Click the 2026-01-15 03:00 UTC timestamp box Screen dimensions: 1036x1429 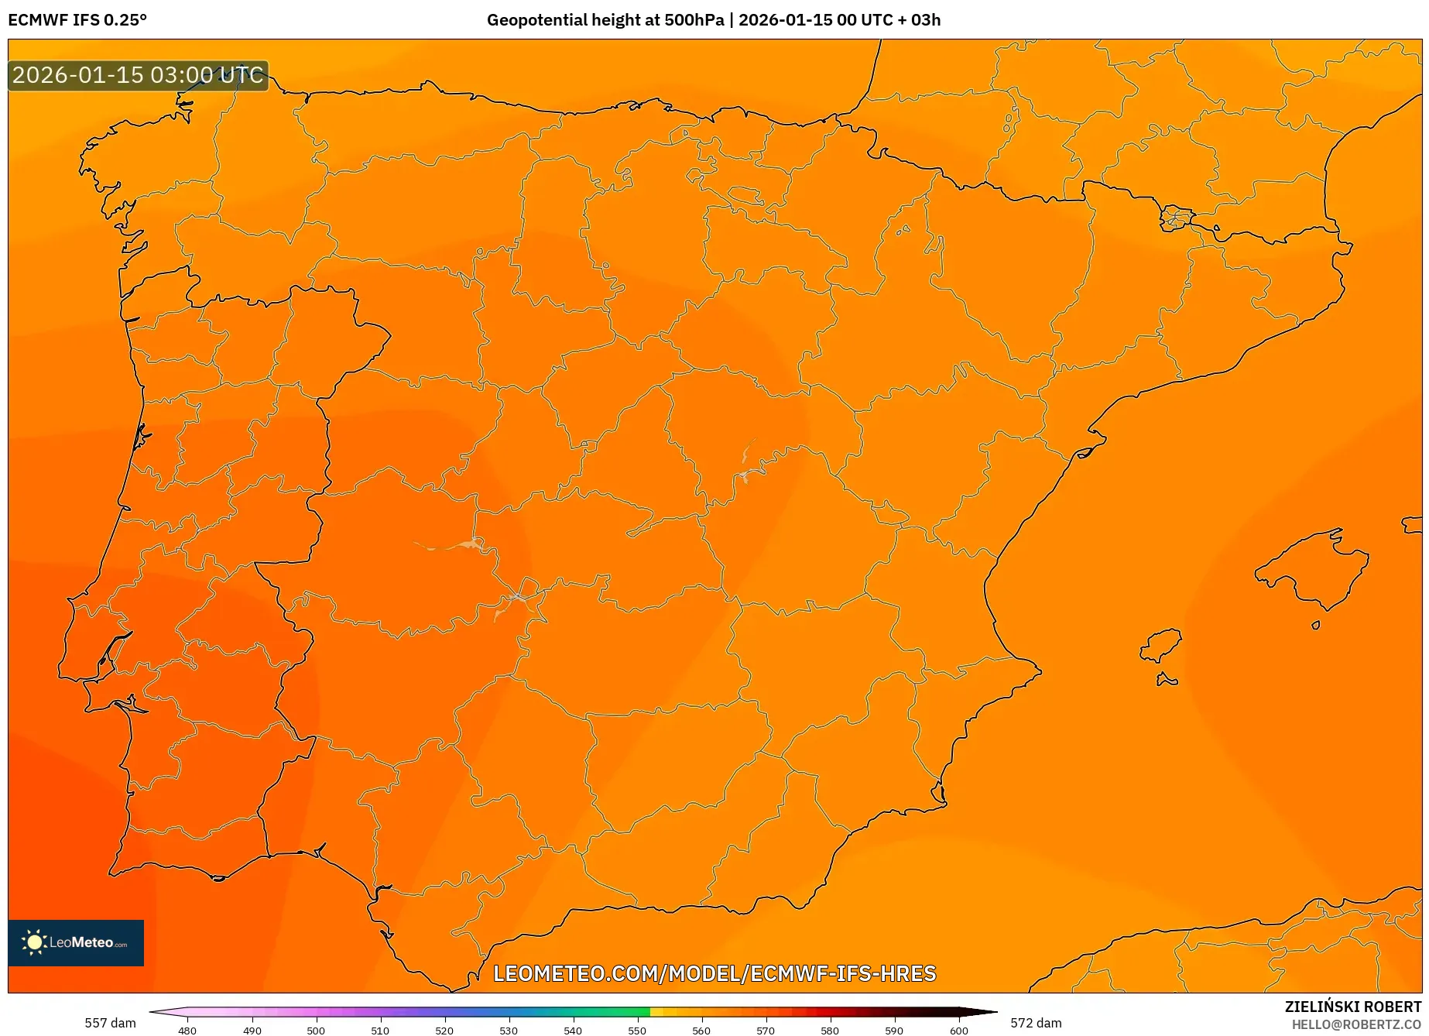[138, 75]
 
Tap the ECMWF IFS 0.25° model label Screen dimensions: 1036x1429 [77, 20]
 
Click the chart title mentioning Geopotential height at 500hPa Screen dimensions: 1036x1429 [713, 20]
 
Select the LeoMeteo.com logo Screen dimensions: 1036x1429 [76, 942]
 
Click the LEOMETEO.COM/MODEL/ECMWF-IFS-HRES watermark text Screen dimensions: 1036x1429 [714, 973]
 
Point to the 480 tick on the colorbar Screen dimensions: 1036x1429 [187, 1030]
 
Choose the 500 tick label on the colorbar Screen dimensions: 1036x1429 [316, 1030]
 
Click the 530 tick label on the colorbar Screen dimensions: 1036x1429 [509, 1030]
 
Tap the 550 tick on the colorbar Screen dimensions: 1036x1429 [637, 1030]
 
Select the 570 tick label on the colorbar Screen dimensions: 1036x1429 [766, 1030]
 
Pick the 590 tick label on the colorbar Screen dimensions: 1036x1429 [894, 1030]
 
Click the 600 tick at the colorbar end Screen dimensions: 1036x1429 [959, 1030]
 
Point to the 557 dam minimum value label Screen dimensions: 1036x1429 [110, 1023]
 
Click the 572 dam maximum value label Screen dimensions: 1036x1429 [1036, 1023]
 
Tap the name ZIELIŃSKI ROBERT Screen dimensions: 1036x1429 [1353, 1007]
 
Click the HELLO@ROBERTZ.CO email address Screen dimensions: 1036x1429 [1356, 1024]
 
